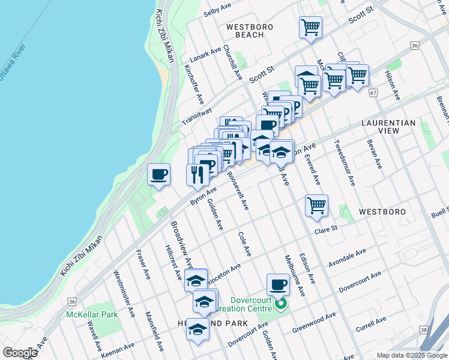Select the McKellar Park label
click(92, 314)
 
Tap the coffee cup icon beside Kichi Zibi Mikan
click(159, 175)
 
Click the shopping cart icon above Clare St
click(316, 206)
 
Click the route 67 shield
click(373, 93)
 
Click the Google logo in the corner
click(20, 353)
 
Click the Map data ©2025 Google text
click(412, 355)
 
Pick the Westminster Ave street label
click(124, 285)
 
